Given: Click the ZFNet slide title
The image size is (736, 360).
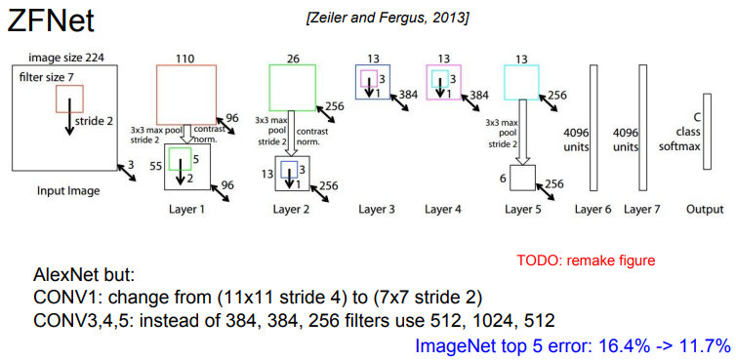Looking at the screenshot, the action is pos(51,21).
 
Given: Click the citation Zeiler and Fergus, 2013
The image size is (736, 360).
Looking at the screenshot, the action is pos(387,20).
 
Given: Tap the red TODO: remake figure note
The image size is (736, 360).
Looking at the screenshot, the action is pos(586,260).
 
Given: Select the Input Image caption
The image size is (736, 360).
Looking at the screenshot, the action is pos(68,191).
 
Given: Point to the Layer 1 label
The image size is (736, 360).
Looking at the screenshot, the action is pos(186,210).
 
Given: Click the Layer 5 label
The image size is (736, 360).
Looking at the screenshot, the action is pos(523,210).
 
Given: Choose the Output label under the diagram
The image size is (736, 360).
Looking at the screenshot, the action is pos(705,210).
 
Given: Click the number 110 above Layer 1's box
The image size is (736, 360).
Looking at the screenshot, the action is pos(185,59).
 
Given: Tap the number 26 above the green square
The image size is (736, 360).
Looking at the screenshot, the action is pos(292,59).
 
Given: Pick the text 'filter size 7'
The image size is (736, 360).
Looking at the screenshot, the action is pos(46,76).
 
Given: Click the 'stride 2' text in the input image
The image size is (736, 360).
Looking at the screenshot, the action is pos(94,121).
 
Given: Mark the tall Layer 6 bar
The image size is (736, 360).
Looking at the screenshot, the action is pos(593,128).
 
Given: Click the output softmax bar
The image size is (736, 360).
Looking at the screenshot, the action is pos(707,131).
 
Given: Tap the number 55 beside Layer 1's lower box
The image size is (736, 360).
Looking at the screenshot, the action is pos(156,166).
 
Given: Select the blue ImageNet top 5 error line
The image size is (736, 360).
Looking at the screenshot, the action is pos(573,346).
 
